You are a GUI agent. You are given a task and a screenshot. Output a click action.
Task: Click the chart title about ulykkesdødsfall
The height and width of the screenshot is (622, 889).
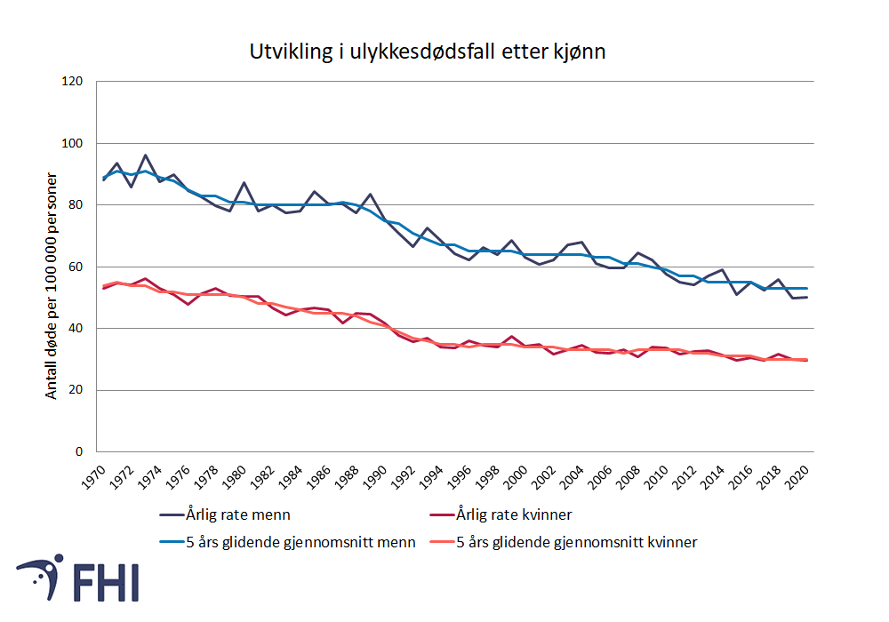pyautogui.click(x=428, y=52)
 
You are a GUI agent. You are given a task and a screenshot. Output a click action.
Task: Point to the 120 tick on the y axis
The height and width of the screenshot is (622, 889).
pyautogui.click(x=72, y=82)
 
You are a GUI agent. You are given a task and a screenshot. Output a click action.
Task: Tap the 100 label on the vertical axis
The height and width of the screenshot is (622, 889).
pyautogui.click(x=72, y=143)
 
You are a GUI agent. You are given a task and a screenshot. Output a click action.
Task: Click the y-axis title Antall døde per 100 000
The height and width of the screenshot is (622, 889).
pyautogui.click(x=52, y=285)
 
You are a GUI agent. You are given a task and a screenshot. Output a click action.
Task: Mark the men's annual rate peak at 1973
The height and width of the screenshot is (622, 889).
pyautogui.click(x=145, y=155)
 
